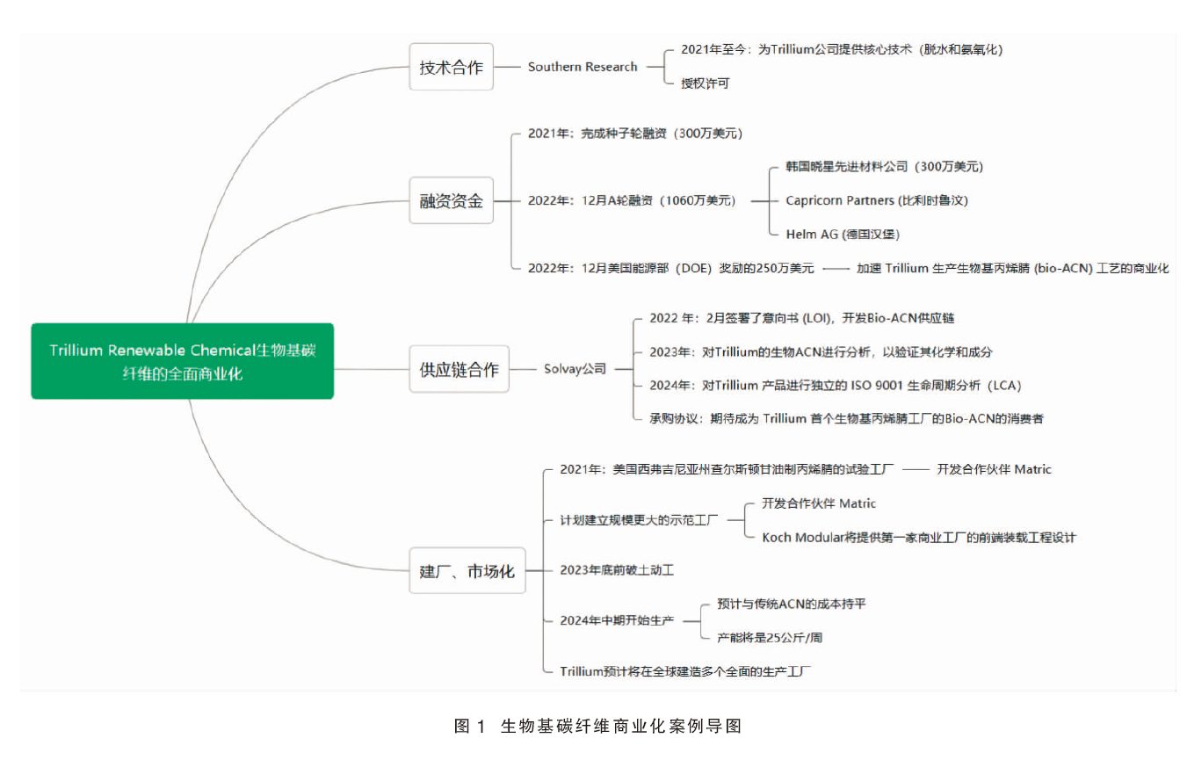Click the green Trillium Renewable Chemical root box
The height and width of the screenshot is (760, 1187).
(182, 361)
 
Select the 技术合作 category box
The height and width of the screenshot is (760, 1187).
(451, 67)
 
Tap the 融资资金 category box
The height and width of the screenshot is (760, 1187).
(451, 200)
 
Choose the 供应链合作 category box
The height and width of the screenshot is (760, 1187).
(459, 369)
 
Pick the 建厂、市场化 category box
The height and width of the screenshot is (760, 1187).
(467, 570)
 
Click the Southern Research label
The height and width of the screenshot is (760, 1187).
(583, 67)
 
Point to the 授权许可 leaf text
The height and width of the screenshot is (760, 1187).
(706, 83)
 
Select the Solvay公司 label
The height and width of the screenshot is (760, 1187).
(575, 369)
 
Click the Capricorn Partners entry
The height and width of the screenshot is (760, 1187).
(877, 200)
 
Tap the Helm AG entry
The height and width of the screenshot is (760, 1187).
(843, 235)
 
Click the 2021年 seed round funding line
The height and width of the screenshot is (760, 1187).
(635, 133)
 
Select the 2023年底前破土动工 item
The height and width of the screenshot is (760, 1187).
(617, 570)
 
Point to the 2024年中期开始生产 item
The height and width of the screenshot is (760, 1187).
(617, 620)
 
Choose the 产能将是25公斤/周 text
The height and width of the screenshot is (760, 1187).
(770, 638)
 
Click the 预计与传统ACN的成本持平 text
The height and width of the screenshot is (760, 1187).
(791, 604)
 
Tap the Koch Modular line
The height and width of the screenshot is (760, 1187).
(919, 538)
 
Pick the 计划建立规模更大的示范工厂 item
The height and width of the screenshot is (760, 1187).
(639, 520)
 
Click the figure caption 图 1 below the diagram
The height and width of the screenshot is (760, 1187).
(597, 726)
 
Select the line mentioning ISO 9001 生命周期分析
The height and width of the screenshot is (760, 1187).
(836, 386)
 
